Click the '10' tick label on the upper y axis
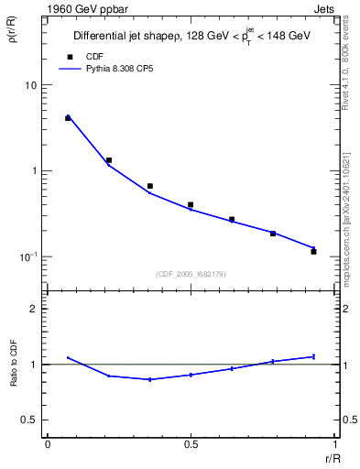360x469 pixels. [x=31, y=85]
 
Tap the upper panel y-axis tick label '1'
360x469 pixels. [x=35, y=170]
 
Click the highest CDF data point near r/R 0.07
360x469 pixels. [x=68, y=118]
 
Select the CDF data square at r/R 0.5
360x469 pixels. [x=191, y=205]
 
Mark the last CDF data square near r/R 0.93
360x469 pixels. [x=313, y=251]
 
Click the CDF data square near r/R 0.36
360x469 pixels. [x=149, y=186]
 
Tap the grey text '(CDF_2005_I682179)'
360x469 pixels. [x=191, y=273]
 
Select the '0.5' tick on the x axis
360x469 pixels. [x=191, y=444]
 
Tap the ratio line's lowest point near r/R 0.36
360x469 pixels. [x=149, y=379]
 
